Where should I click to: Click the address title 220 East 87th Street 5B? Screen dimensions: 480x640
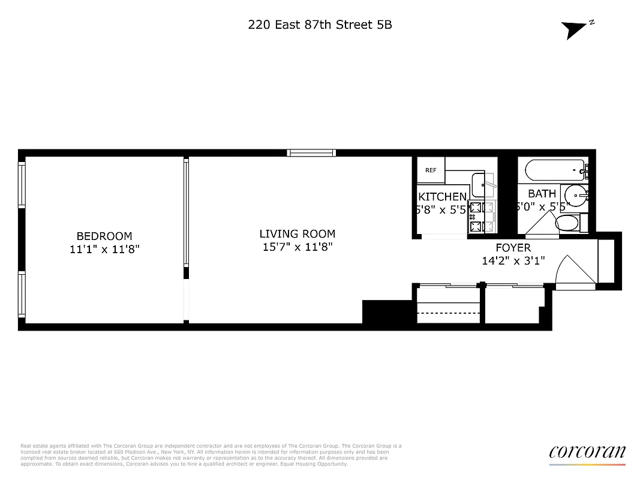(x=320, y=25)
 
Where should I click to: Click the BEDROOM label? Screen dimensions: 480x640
(x=104, y=236)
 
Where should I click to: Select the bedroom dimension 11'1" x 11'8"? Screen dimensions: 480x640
(x=104, y=249)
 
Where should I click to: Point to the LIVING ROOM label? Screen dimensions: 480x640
(x=297, y=234)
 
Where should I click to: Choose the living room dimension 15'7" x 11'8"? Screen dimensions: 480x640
(x=297, y=247)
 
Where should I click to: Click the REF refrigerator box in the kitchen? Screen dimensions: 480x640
(x=431, y=170)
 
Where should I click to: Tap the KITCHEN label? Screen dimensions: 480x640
(x=442, y=197)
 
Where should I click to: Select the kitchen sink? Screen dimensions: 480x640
(x=480, y=185)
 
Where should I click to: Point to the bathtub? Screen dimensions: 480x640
(x=554, y=170)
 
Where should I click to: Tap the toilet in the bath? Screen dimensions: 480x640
(x=567, y=223)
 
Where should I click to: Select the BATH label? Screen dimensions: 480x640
(x=542, y=194)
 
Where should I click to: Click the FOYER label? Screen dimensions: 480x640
(x=513, y=248)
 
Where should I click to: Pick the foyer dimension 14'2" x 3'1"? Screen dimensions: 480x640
(x=513, y=261)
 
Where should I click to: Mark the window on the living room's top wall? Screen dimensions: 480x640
(x=310, y=153)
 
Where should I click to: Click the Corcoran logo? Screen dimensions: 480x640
(x=587, y=453)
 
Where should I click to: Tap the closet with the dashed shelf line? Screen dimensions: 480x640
(x=448, y=306)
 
